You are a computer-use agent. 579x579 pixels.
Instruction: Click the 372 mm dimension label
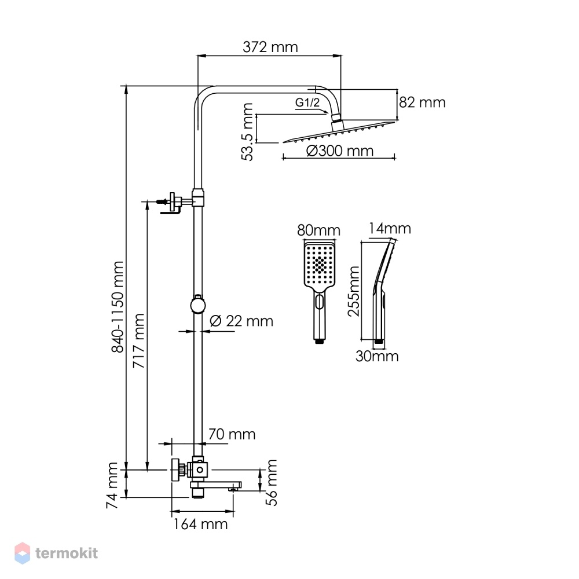tap(270, 47)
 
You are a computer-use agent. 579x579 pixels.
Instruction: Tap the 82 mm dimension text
tap(422, 102)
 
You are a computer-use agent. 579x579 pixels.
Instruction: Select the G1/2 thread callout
tap(307, 102)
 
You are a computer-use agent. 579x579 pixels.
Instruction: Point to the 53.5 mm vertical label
tap(247, 132)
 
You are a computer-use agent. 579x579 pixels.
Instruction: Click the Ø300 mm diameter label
tap(340, 151)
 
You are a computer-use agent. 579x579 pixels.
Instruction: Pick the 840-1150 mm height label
tap(118, 307)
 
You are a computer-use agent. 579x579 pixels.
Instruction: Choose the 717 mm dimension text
tap(139, 341)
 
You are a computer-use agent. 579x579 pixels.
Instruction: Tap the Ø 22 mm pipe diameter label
tap(241, 321)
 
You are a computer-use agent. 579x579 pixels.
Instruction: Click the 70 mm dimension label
tap(232, 434)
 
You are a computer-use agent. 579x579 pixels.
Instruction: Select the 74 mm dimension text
tap(112, 485)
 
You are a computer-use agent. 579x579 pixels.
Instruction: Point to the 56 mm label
tap(272, 482)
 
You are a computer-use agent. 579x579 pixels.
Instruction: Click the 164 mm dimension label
tap(200, 525)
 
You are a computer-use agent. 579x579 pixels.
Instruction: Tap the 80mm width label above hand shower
tap(318, 230)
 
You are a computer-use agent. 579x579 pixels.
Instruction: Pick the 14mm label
tap(390, 229)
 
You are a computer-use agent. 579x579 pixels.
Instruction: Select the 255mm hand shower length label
tap(354, 291)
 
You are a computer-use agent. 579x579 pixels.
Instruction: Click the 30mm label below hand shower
tap(377, 356)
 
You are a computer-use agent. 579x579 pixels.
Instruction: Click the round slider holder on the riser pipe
tap(198, 305)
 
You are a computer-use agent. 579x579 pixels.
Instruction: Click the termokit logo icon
tap(22, 553)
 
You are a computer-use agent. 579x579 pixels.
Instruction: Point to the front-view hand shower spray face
tap(320, 264)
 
